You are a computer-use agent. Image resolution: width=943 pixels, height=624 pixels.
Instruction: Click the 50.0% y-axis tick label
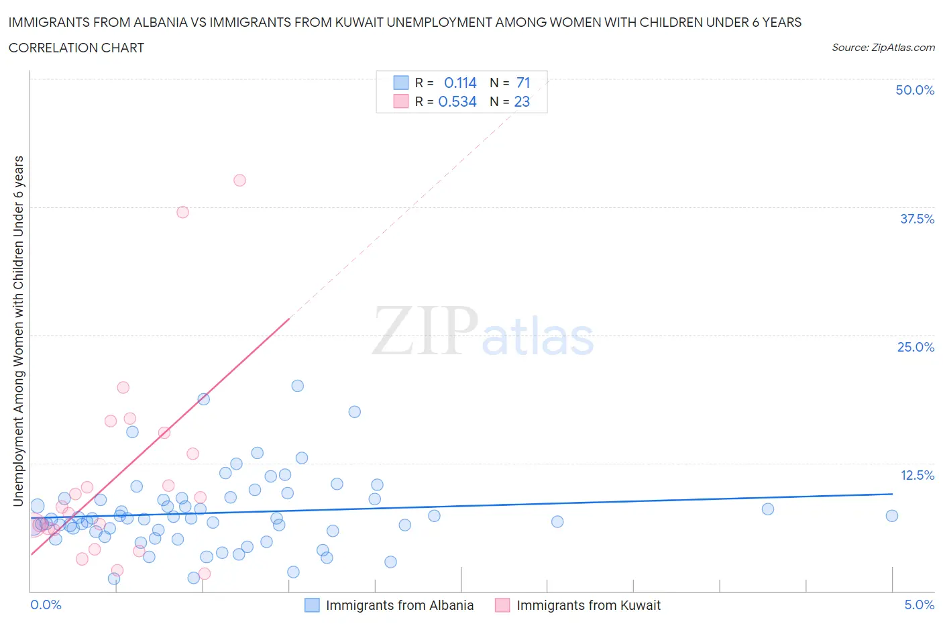915,90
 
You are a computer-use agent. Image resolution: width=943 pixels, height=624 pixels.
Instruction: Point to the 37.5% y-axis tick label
917,219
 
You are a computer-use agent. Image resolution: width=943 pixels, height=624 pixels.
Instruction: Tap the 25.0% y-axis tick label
916,347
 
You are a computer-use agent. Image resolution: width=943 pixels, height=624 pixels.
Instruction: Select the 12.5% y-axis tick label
917,475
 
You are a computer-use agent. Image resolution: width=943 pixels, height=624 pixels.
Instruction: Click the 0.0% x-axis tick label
46,605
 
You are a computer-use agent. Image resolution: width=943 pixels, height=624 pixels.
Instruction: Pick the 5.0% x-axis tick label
919,605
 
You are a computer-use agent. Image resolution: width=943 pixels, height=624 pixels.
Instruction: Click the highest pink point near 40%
239,180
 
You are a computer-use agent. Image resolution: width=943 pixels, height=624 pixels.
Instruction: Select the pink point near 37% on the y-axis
182,212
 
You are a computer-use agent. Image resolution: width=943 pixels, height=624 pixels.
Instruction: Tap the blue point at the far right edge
891,516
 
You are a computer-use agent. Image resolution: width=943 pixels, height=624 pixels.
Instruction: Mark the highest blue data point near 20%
297,386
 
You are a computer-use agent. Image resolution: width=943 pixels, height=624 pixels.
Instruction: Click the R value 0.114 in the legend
460,83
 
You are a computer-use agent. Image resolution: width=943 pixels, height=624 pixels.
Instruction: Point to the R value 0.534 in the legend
457,101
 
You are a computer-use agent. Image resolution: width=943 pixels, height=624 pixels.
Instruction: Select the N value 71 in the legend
523,83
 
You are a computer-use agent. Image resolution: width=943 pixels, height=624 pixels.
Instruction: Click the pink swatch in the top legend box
400,101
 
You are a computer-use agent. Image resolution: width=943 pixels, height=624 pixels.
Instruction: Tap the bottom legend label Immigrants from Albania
400,605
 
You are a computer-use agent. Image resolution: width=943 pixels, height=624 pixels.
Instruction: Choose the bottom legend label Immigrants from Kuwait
588,605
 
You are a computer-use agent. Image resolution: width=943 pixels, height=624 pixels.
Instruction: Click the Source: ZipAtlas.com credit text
883,48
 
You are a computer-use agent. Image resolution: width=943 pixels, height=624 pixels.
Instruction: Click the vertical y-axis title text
18,331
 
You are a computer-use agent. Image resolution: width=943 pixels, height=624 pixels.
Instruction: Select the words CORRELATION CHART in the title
76,48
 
